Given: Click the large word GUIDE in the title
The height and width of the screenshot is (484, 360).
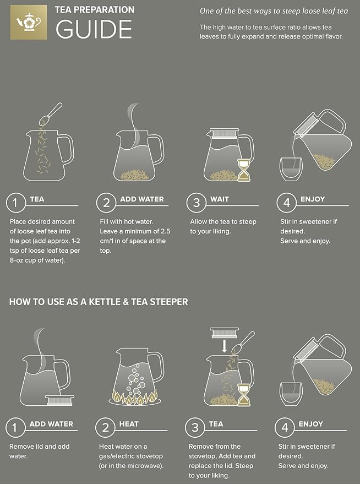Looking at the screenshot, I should click(x=94, y=29).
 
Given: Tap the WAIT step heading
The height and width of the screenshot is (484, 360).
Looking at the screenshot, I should click(x=220, y=199).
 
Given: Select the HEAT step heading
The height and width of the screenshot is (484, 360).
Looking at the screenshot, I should click(x=129, y=424).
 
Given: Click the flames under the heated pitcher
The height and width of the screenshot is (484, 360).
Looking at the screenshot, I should click(x=135, y=396).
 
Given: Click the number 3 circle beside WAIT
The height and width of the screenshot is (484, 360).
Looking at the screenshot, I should click(x=195, y=203).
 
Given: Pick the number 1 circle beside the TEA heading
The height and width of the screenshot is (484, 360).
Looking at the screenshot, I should click(x=16, y=203).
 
